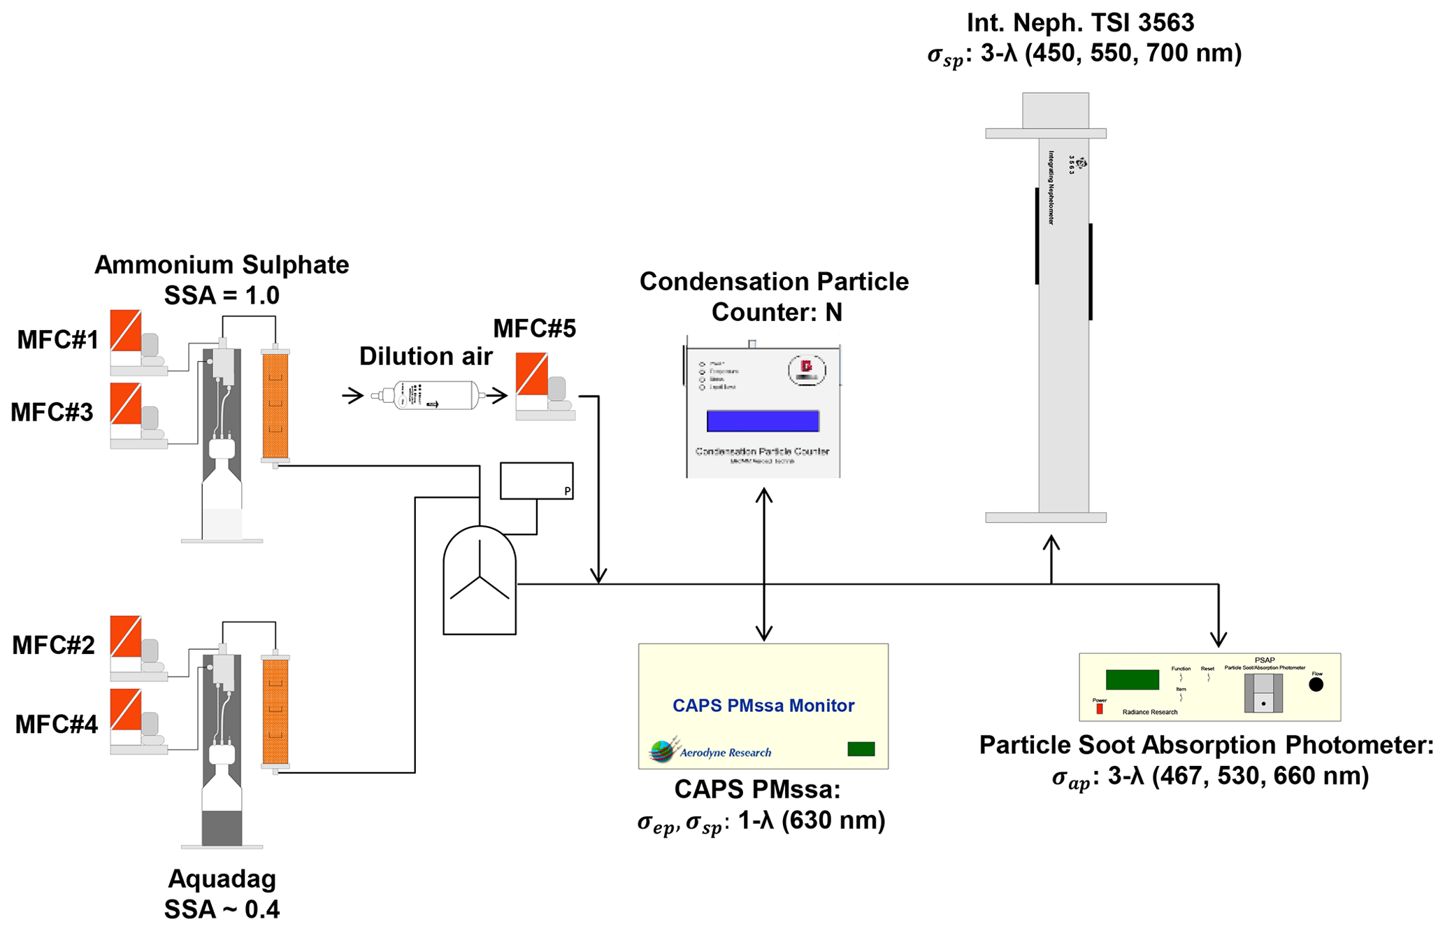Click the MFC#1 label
point(57,340)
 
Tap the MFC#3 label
point(52,413)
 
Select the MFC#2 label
point(53,645)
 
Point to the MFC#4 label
point(56,725)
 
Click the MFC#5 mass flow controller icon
point(543,386)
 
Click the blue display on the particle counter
point(763,421)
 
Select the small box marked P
point(536,481)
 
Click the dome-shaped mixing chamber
point(480,581)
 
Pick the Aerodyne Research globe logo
point(663,751)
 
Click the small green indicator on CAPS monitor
point(861,749)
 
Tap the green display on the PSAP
point(1132,679)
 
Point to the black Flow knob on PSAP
point(1316,685)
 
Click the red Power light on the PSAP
point(1100,709)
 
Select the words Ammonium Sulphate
point(222,265)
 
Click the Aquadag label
point(222,879)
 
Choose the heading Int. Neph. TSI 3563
point(1080,23)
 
